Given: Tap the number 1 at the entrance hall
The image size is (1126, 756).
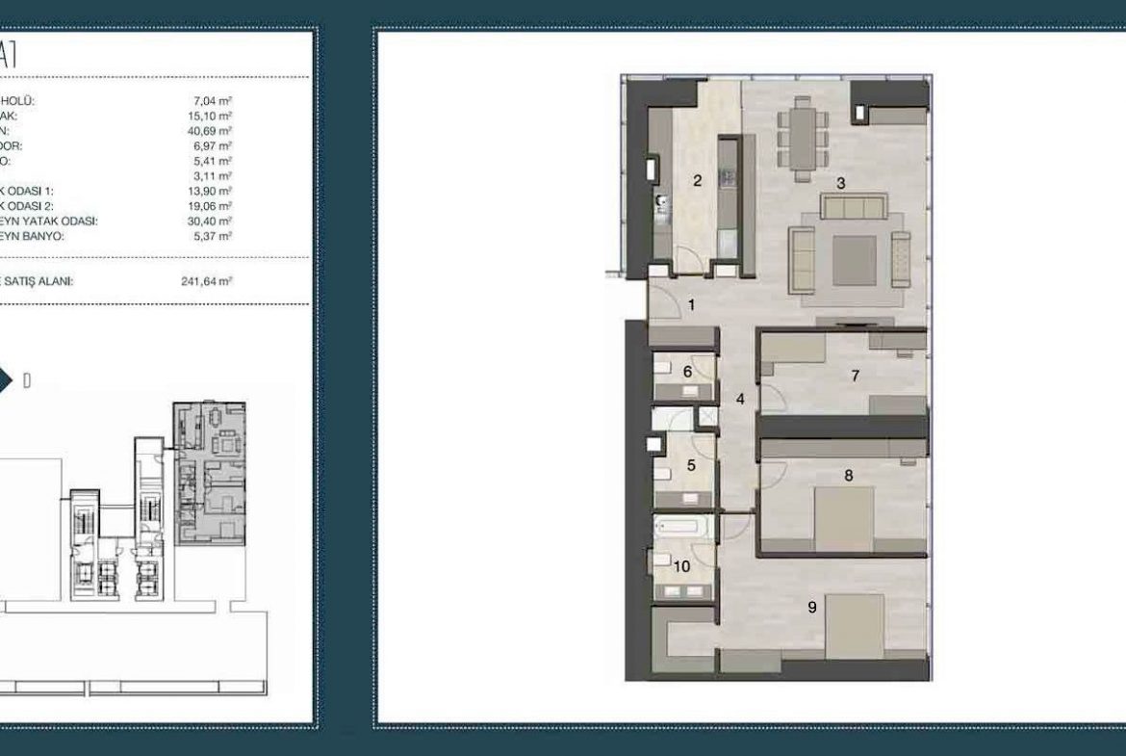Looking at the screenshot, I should tap(690, 305).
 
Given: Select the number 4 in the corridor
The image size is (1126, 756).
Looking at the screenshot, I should tap(740, 397).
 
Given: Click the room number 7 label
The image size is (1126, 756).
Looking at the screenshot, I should tap(855, 376).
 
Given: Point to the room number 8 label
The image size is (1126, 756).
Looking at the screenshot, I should tap(848, 475).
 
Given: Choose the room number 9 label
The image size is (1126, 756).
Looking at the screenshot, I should tap(812, 607).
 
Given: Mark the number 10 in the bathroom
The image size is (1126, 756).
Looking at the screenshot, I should tap(682, 566).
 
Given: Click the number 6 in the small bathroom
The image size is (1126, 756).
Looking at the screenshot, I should tap(687, 372).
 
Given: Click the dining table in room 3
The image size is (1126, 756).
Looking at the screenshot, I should tap(803, 135).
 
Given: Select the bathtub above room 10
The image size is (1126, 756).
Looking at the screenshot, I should tap(682, 527).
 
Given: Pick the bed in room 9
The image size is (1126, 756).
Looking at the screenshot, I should tap(855, 626).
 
